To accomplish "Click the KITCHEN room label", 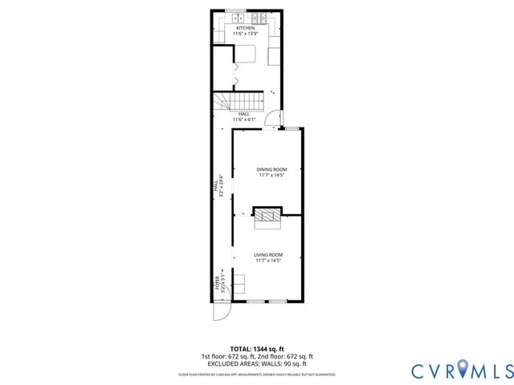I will (245, 28).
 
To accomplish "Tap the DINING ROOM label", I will (271, 169).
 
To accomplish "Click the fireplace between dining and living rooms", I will (267, 214).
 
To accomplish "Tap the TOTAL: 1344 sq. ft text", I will (257, 348).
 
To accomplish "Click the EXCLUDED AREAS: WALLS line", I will (257, 363).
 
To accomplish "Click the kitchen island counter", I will (245, 55).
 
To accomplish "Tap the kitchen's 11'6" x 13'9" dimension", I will (245, 34).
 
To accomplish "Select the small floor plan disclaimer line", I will (257, 375).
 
